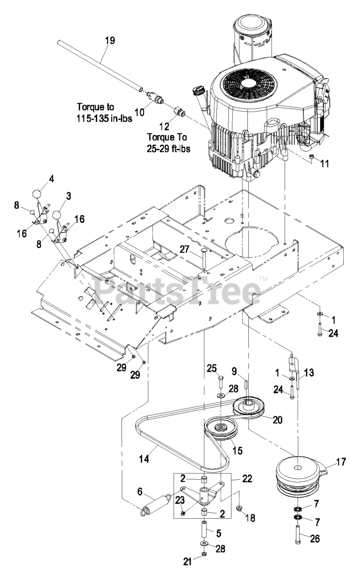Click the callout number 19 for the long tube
click(x=110, y=41)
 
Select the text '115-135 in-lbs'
click(x=104, y=118)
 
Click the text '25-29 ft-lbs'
click(x=168, y=148)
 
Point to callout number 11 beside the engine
click(x=325, y=164)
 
